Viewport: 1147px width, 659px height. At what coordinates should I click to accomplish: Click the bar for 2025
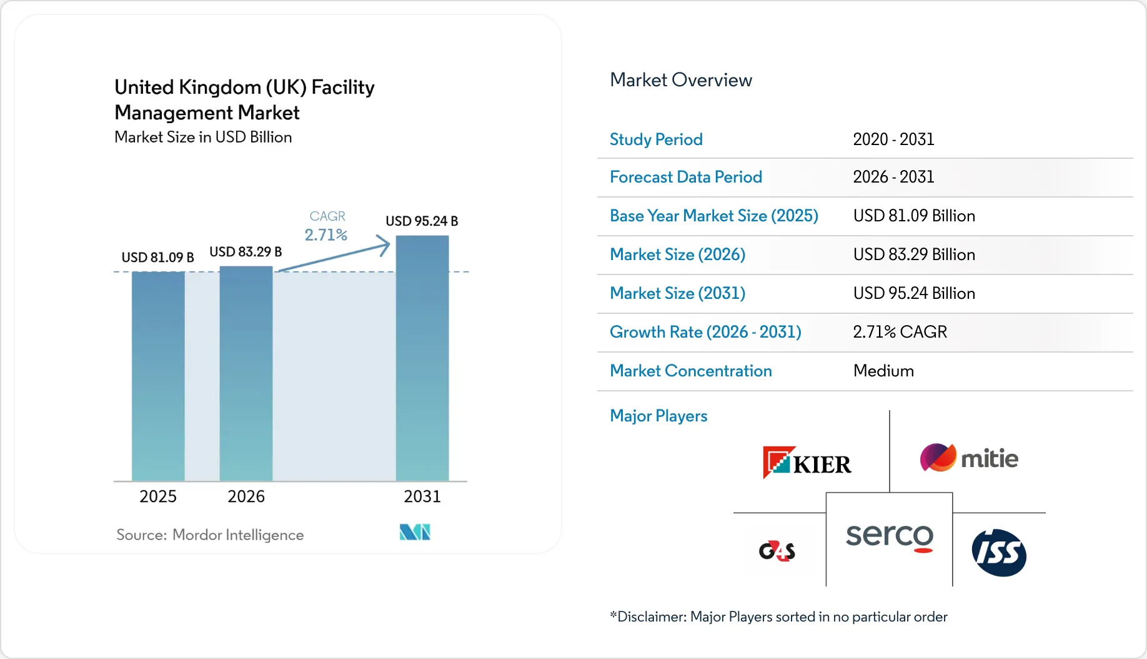pyautogui.click(x=158, y=376)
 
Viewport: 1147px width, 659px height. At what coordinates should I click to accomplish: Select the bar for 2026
pyautogui.click(x=246, y=374)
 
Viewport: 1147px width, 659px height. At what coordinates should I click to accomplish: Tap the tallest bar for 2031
pyautogui.click(x=422, y=358)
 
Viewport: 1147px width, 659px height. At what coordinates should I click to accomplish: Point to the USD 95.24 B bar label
pyautogui.click(x=422, y=221)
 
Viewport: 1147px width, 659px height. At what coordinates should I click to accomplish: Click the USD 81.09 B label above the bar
pyautogui.click(x=157, y=258)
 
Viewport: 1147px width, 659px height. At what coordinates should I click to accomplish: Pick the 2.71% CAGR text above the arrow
pyautogui.click(x=326, y=235)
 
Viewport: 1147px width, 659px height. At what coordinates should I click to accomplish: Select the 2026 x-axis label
pyautogui.click(x=246, y=496)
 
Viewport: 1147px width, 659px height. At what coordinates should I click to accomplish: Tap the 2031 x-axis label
pyautogui.click(x=422, y=496)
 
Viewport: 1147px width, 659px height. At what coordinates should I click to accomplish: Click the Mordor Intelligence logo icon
pyautogui.click(x=415, y=532)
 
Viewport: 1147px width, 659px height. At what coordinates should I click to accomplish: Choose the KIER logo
pyautogui.click(x=807, y=462)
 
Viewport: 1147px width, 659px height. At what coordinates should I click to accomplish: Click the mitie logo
pyautogui.click(x=969, y=458)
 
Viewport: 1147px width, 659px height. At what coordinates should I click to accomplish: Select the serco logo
pyautogui.click(x=890, y=536)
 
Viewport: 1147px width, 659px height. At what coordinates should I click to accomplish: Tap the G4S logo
pyautogui.click(x=777, y=551)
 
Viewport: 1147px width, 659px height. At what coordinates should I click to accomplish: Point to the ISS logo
pyautogui.click(x=999, y=553)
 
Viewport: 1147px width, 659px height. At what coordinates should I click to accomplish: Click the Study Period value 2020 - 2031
pyautogui.click(x=893, y=139)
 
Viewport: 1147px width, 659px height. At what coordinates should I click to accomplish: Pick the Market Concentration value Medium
pyautogui.click(x=883, y=371)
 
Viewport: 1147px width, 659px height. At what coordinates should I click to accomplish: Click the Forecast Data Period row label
pyautogui.click(x=686, y=177)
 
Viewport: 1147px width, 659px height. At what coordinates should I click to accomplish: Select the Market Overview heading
pyautogui.click(x=681, y=80)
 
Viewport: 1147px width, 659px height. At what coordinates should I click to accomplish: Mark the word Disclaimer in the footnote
pyautogui.click(x=652, y=617)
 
